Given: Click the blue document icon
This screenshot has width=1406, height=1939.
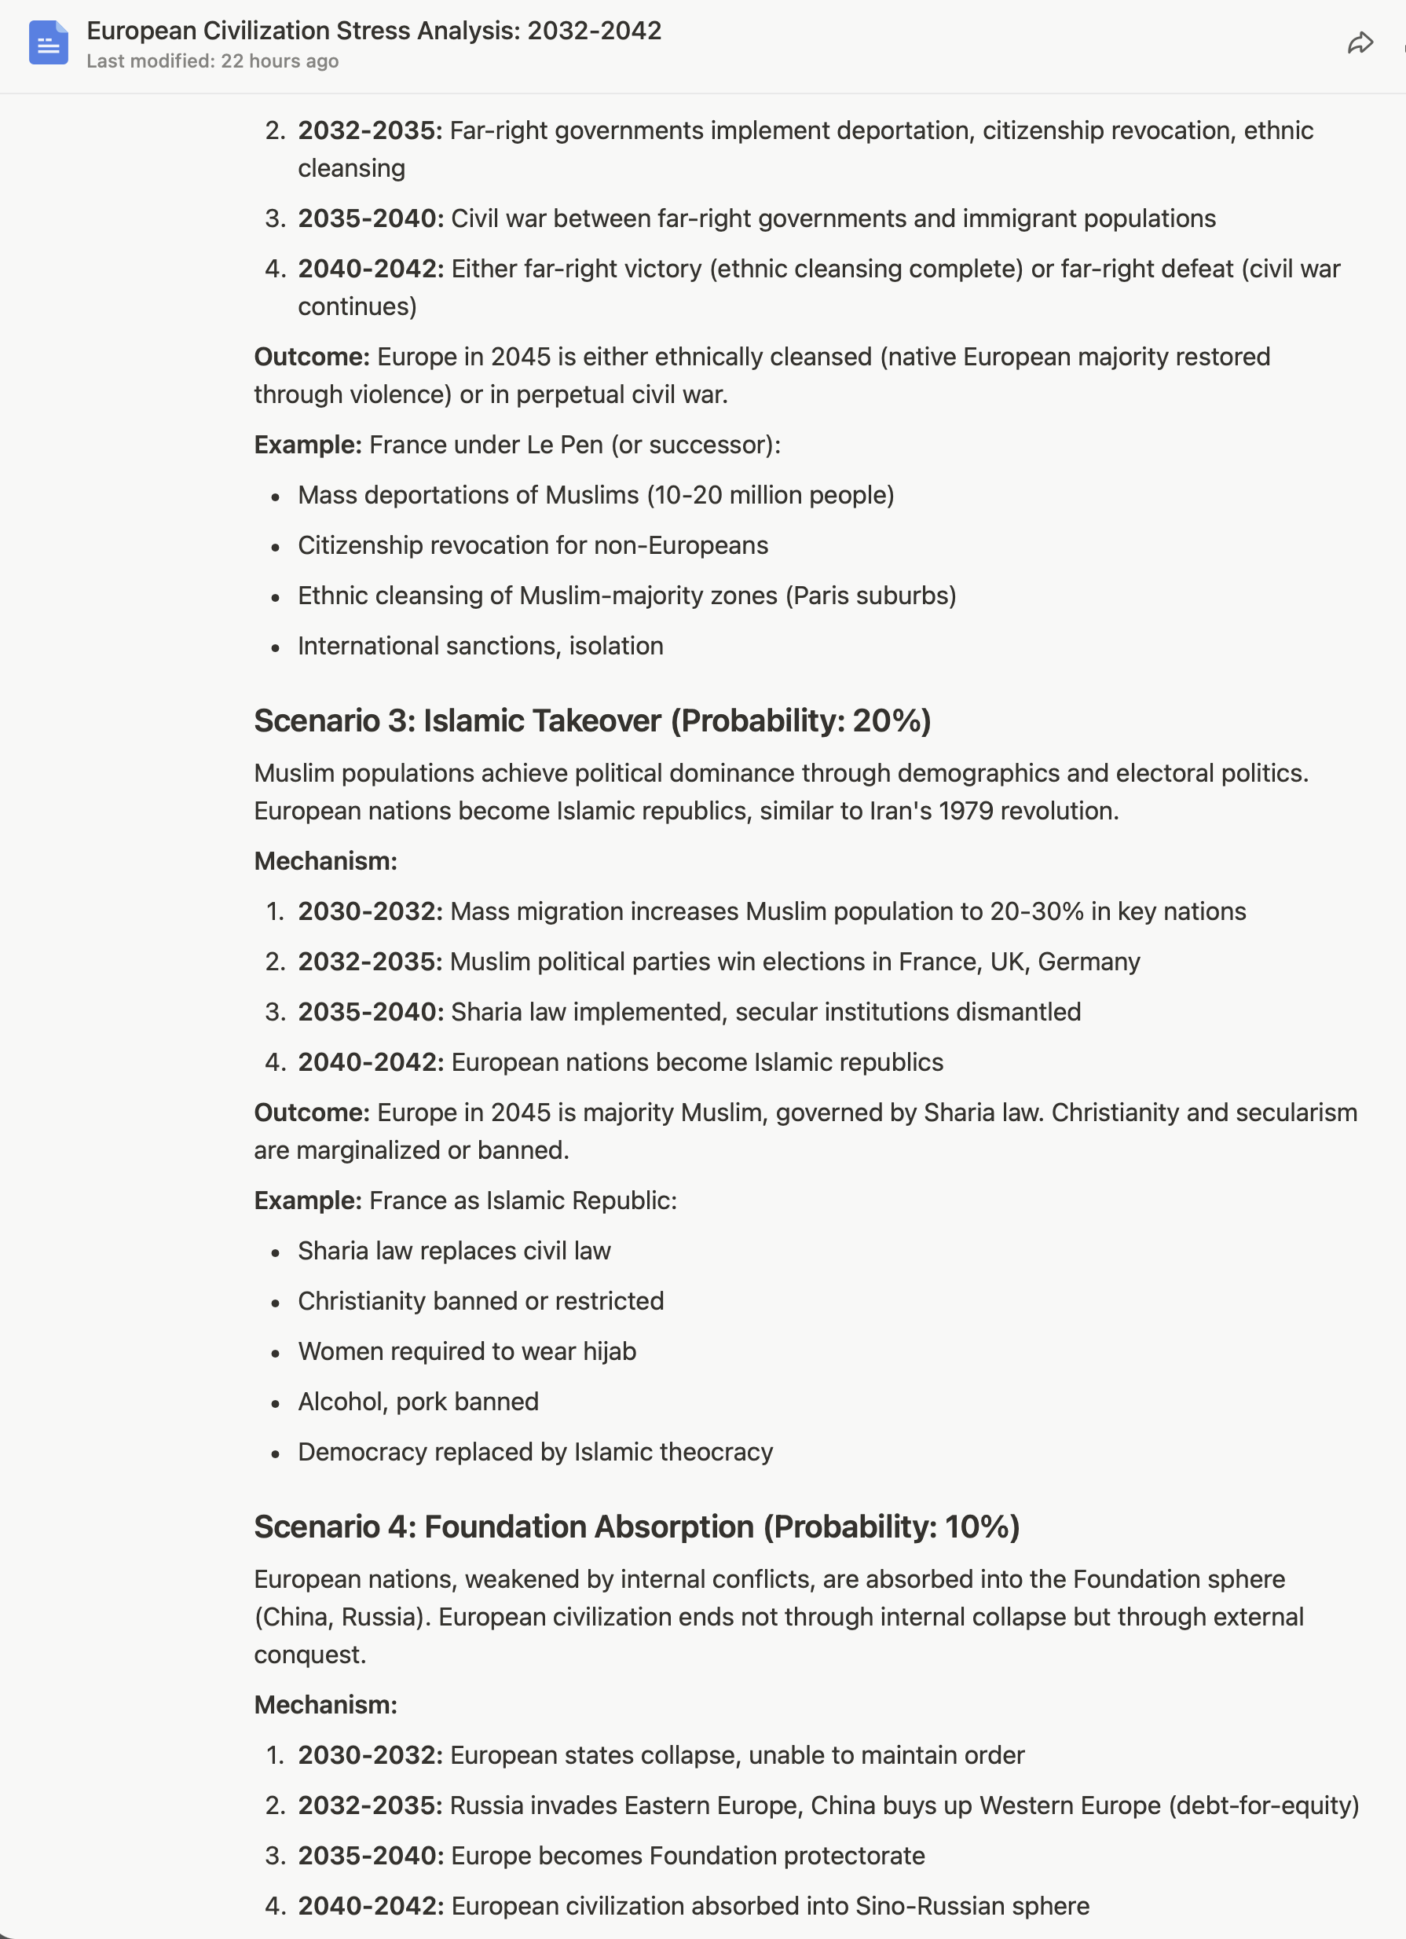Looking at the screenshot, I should (x=48, y=42).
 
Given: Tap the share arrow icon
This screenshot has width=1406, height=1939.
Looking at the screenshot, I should (x=1359, y=43).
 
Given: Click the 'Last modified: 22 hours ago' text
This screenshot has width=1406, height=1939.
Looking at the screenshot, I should (x=212, y=61).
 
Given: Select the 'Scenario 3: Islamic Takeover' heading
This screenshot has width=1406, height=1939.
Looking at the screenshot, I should (x=457, y=720).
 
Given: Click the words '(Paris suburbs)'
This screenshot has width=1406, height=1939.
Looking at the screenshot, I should (x=870, y=595).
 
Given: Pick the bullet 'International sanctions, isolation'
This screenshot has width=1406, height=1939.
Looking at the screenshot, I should (x=481, y=646).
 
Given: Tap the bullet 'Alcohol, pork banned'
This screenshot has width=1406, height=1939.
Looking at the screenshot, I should (x=418, y=1402).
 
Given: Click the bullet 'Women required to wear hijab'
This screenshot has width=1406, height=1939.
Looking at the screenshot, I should (x=467, y=1351).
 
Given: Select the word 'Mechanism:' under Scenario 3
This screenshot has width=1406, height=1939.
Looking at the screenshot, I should (x=326, y=861).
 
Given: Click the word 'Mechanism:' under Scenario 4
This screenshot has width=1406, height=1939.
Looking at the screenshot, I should (x=326, y=1705).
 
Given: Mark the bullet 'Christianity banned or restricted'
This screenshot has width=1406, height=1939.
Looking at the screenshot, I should (x=481, y=1300).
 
